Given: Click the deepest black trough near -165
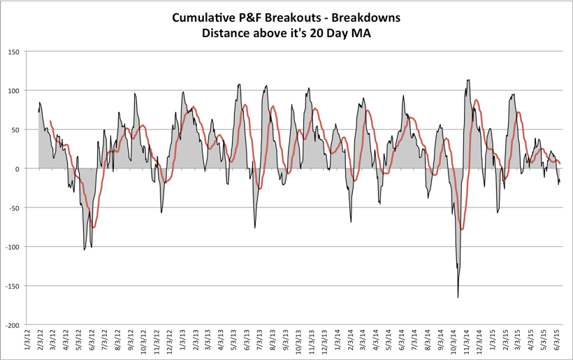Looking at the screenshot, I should point(458,298).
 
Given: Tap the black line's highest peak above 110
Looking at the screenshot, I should point(468,80).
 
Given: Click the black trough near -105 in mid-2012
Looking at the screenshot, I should point(85,250).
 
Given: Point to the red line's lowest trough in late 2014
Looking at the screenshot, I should point(462,229).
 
